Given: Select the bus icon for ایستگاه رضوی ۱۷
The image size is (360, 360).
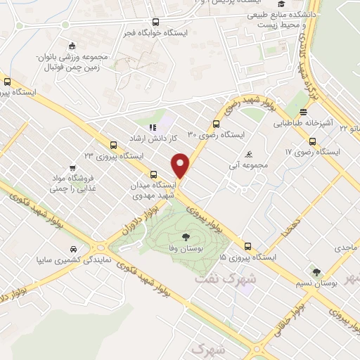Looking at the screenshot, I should [x=313, y=142].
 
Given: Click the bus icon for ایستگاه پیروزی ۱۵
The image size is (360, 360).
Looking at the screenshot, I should [x=247, y=246].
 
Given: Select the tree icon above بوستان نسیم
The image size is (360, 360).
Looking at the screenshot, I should [x=317, y=271].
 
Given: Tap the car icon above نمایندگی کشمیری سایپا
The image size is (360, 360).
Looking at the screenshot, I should [x=74, y=249].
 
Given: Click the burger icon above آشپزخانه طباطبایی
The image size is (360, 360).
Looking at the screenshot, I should [x=303, y=112].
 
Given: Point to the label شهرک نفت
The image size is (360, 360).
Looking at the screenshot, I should [x=219, y=278].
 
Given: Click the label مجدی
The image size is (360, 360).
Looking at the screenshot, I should [x=346, y=247].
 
